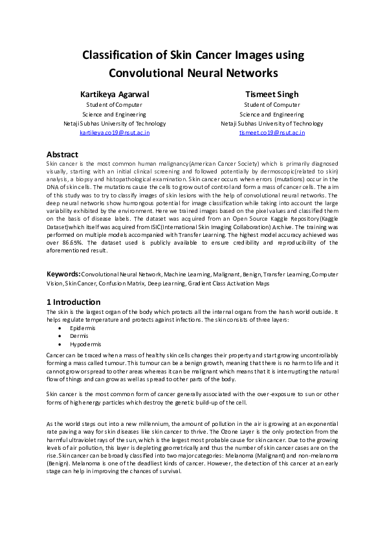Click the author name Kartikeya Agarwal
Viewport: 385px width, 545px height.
coord(115,94)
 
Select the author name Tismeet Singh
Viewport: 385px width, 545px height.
coord(272,94)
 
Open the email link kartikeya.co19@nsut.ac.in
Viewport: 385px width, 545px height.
coord(115,132)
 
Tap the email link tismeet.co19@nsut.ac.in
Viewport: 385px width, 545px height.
coord(272,132)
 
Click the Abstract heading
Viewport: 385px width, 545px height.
coord(62,155)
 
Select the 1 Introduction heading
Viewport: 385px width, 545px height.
coord(73,302)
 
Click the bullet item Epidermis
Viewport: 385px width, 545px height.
coord(83,328)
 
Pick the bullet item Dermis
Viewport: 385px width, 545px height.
coord(80,337)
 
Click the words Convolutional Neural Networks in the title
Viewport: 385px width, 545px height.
coord(193,72)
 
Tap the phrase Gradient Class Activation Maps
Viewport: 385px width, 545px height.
coord(215,283)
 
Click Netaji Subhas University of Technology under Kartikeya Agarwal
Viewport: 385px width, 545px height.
coord(115,123)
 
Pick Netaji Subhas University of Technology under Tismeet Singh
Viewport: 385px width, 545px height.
coord(272,123)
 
